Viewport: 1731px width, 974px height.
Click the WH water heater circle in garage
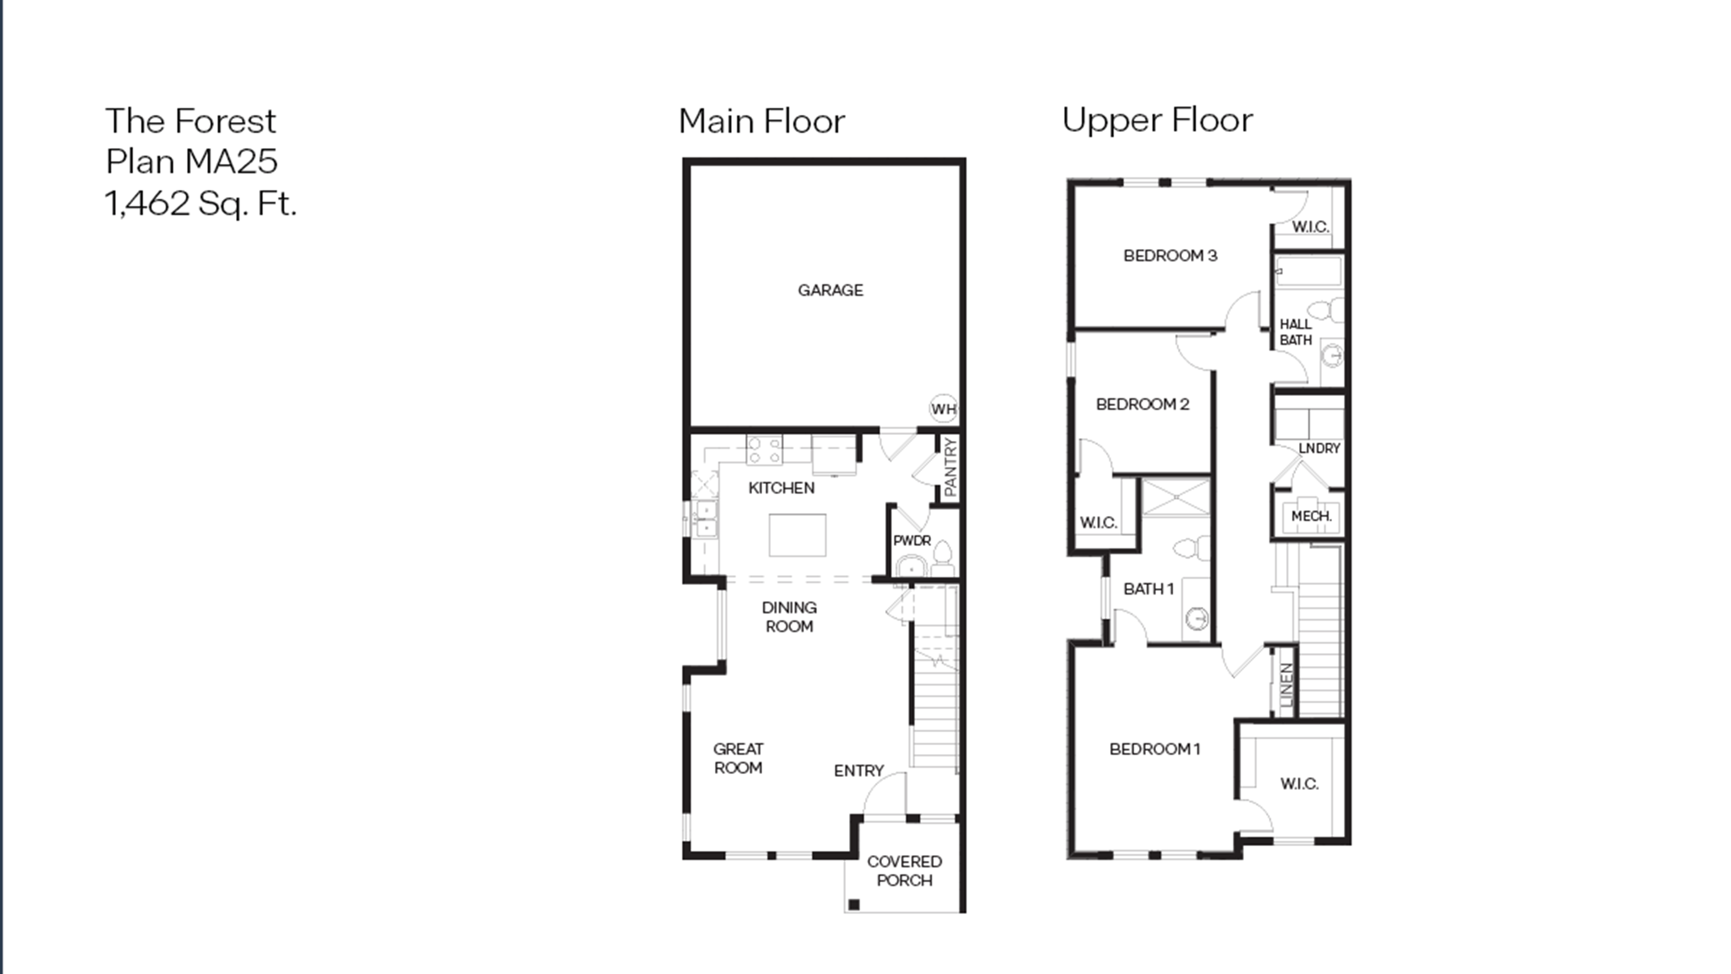[x=943, y=408]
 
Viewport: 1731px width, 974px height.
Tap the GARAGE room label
[x=830, y=290]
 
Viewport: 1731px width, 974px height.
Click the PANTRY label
[x=950, y=467]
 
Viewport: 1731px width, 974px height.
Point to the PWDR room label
[x=912, y=540]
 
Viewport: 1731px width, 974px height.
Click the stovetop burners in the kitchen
[x=765, y=450]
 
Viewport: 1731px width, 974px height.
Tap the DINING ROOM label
[x=789, y=617]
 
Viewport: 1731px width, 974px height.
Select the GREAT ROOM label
[x=738, y=758]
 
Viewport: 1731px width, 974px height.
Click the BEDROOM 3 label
[x=1170, y=255]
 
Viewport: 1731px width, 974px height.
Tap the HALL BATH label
[x=1295, y=332]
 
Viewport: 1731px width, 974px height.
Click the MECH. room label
[x=1311, y=516]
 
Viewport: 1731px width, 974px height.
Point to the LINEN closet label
[x=1286, y=684]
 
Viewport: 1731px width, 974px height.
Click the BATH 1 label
[x=1148, y=589]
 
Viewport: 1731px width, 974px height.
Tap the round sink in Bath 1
[x=1196, y=617]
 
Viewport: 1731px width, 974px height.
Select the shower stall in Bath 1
[x=1176, y=497]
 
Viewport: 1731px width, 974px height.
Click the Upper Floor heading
[x=1157, y=120]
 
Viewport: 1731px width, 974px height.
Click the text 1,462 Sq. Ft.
[x=200, y=203]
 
